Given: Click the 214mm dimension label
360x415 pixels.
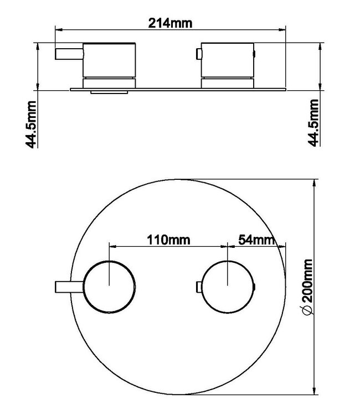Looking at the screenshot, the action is pyautogui.click(x=170, y=23).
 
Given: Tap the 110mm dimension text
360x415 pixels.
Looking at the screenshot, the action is pyautogui.click(x=168, y=240).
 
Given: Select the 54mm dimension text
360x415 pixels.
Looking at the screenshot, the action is pyautogui.click(x=256, y=240).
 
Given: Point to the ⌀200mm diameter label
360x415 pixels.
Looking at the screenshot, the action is pyautogui.click(x=307, y=287).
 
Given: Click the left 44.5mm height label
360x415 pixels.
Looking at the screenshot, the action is pyautogui.click(x=30, y=124).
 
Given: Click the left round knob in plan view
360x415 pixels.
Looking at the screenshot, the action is pyautogui.click(x=109, y=287).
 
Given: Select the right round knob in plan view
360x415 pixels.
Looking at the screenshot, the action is pyautogui.click(x=228, y=287).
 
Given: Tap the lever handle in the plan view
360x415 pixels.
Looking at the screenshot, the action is pyautogui.click(x=69, y=287).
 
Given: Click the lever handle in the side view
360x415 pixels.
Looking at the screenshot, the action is pyautogui.click(x=69, y=54).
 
